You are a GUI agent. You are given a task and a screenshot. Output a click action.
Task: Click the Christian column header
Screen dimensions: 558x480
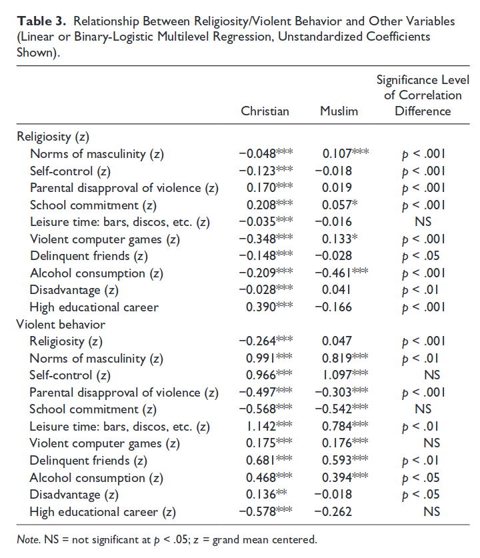265,111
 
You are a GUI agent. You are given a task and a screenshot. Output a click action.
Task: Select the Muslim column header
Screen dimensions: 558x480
339,111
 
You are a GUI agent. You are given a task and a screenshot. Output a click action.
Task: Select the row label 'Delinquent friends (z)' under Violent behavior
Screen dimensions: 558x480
88,461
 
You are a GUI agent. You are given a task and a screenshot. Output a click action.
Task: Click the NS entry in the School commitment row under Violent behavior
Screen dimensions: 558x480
423,409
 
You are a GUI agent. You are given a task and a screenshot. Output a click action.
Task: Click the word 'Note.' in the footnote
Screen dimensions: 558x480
29,539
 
